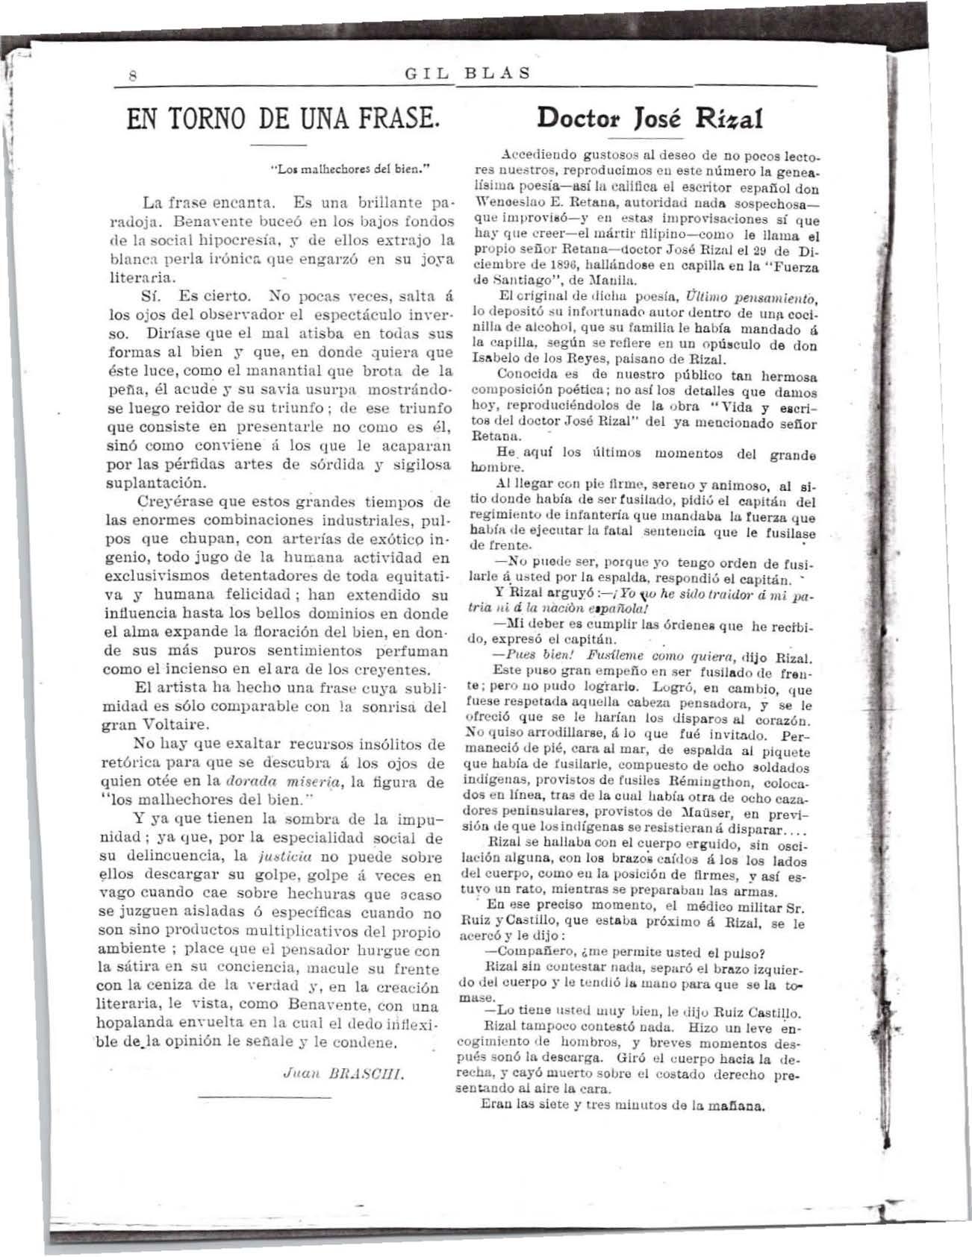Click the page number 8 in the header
pyautogui.click(x=131, y=75)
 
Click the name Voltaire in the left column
pyautogui.click(x=173, y=724)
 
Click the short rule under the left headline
pyautogui.click(x=278, y=143)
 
